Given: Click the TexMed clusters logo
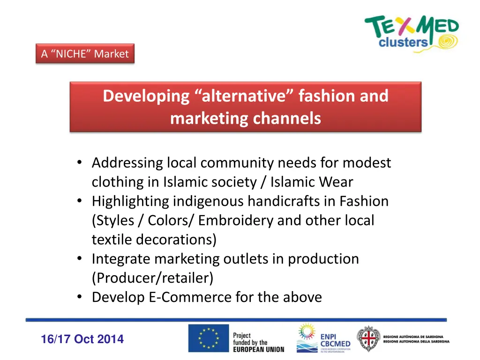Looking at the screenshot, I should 412,32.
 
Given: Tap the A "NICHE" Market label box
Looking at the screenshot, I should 85,54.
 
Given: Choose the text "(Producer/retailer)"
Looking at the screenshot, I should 152,278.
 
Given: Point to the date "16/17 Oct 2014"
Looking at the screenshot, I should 82,339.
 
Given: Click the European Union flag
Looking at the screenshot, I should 209,338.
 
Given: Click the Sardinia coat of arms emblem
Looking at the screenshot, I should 368,339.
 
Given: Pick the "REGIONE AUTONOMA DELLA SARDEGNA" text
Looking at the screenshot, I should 416,342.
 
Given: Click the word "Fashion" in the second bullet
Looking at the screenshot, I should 364,202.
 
